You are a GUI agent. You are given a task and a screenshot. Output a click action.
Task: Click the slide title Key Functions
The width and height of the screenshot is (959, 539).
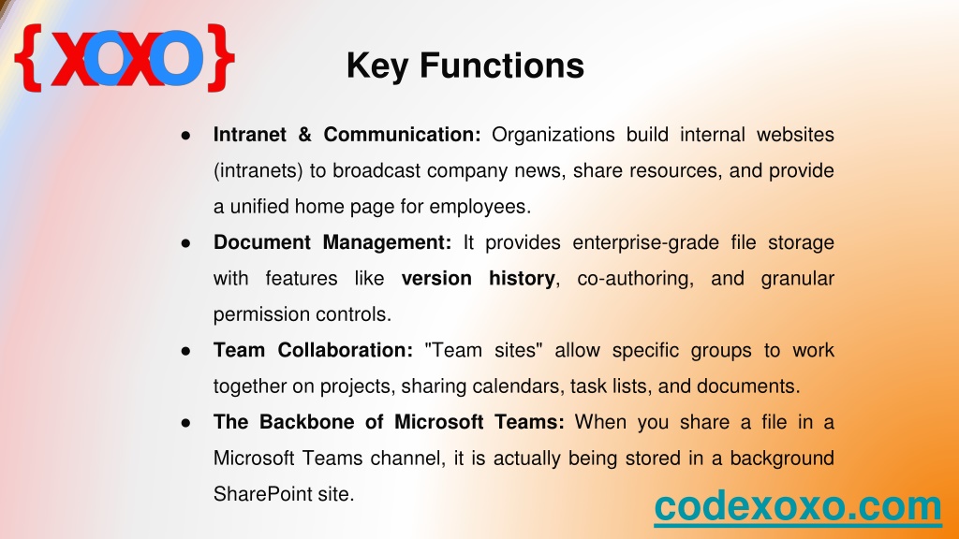click(465, 66)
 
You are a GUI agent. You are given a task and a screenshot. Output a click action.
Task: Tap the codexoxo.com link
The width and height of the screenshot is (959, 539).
click(798, 506)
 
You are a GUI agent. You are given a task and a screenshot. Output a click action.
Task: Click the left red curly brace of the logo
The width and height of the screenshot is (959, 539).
click(29, 58)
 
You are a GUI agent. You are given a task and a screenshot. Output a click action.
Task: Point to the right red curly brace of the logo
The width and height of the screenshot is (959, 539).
click(221, 58)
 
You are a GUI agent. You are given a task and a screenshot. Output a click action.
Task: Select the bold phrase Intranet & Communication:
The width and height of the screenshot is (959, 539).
click(347, 135)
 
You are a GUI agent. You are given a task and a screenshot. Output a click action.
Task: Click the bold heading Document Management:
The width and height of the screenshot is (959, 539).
click(332, 242)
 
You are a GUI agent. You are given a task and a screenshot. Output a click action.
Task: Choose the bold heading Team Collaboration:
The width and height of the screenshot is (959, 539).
click(313, 350)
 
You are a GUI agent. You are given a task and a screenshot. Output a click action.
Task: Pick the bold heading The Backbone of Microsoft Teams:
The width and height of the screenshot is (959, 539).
click(389, 422)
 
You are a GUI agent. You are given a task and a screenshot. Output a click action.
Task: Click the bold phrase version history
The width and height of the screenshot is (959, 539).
click(479, 279)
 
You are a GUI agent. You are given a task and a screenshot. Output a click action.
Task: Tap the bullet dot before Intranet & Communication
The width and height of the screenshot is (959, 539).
click(186, 135)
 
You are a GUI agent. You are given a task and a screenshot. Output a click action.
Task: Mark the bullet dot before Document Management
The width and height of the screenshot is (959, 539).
click(186, 243)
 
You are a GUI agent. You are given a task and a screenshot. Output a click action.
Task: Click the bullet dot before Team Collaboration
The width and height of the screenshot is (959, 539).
click(186, 351)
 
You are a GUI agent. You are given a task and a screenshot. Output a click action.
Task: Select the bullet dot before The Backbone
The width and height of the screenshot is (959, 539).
click(186, 423)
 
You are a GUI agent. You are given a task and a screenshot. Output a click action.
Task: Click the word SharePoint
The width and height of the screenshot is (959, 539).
click(254, 494)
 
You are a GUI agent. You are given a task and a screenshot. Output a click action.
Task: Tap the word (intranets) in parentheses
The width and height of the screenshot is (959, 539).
click(258, 171)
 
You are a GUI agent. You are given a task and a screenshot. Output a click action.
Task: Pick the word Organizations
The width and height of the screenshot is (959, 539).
click(553, 135)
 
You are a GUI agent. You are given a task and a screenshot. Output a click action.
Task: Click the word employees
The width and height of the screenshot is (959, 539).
click(480, 207)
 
